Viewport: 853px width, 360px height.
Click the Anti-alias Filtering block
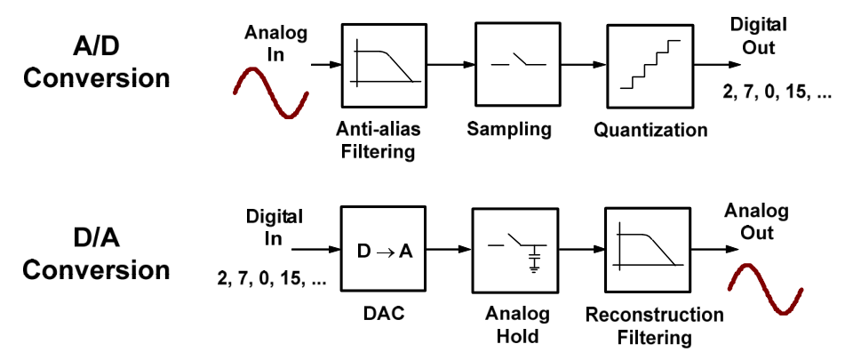tap(381, 66)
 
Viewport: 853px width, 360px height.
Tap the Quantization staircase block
tap(650, 66)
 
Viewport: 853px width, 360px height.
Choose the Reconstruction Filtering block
tap(646, 250)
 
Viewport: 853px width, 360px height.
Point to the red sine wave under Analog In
tap(271, 93)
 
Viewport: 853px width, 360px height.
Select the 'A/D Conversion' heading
tap(97, 61)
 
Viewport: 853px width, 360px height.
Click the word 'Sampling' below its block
tap(509, 129)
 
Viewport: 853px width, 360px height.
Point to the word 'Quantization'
tap(651, 130)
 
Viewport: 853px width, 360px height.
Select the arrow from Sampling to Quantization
tap(579, 66)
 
